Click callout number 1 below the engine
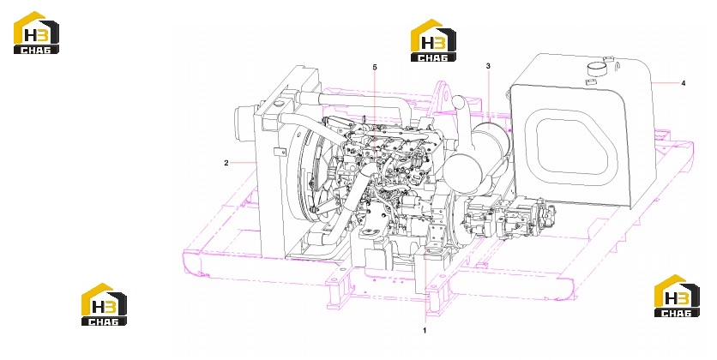pyautogui.click(x=425, y=330)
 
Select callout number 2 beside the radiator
pyautogui.click(x=226, y=163)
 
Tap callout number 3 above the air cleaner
pyautogui.click(x=488, y=66)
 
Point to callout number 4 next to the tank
pyautogui.click(x=684, y=83)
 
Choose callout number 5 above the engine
pyautogui.click(x=375, y=68)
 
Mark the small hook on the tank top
pyautogui.click(x=616, y=67)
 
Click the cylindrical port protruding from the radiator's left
pyautogui.click(x=244, y=120)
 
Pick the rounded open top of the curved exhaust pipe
pyautogui.click(x=459, y=102)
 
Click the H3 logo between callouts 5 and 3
pyautogui.click(x=433, y=40)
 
